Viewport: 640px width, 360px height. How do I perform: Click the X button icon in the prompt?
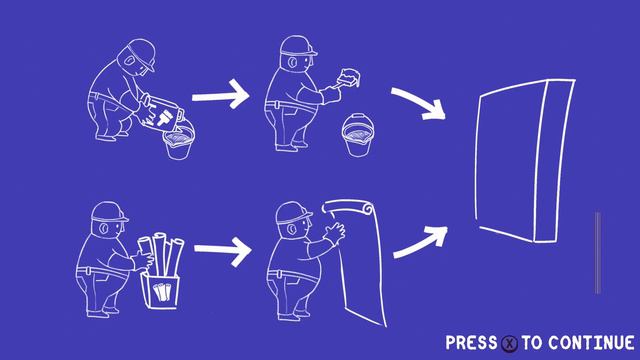click(509, 343)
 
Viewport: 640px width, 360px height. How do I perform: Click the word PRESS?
click(471, 342)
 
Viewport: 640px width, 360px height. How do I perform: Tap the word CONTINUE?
click(591, 342)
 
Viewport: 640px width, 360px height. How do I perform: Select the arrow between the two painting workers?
click(220, 95)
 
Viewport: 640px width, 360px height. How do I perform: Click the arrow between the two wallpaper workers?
click(222, 249)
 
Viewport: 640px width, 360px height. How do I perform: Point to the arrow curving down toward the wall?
click(420, 104)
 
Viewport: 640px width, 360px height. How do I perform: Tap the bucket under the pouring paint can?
click(179, 141)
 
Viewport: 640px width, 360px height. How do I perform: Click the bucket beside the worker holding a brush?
click(358, 136)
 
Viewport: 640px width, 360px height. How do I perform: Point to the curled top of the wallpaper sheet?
click(347, 207)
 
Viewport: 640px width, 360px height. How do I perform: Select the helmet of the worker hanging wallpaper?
click(292, 212)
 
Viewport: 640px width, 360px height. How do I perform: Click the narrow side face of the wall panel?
click(554, 161)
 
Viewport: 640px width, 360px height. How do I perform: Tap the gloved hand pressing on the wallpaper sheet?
click(335, 234)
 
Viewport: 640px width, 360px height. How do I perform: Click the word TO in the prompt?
click(532, 343)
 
